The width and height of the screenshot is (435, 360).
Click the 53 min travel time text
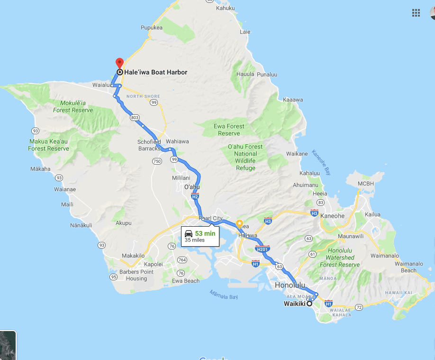pos(205,233)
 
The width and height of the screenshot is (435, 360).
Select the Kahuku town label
pos(225,8)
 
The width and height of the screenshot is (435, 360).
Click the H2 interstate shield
pos(195,196)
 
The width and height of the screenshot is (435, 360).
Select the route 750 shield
pos(156,161)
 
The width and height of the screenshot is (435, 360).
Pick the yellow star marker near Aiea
pos(240,223)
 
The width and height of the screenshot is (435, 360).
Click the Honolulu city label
pos(290,286)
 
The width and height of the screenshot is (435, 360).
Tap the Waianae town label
pos(65,189)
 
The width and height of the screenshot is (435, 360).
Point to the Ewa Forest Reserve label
pos(229,129)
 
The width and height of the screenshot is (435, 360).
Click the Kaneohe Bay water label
pos(321,163)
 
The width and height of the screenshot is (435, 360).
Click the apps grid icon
pos(416,13)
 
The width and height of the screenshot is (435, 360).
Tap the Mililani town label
pos(181,177)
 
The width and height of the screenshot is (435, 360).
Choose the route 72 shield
pos(359,307)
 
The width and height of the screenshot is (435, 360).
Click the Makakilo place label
pos(133,255)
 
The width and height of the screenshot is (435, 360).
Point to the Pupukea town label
pos(152,28)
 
